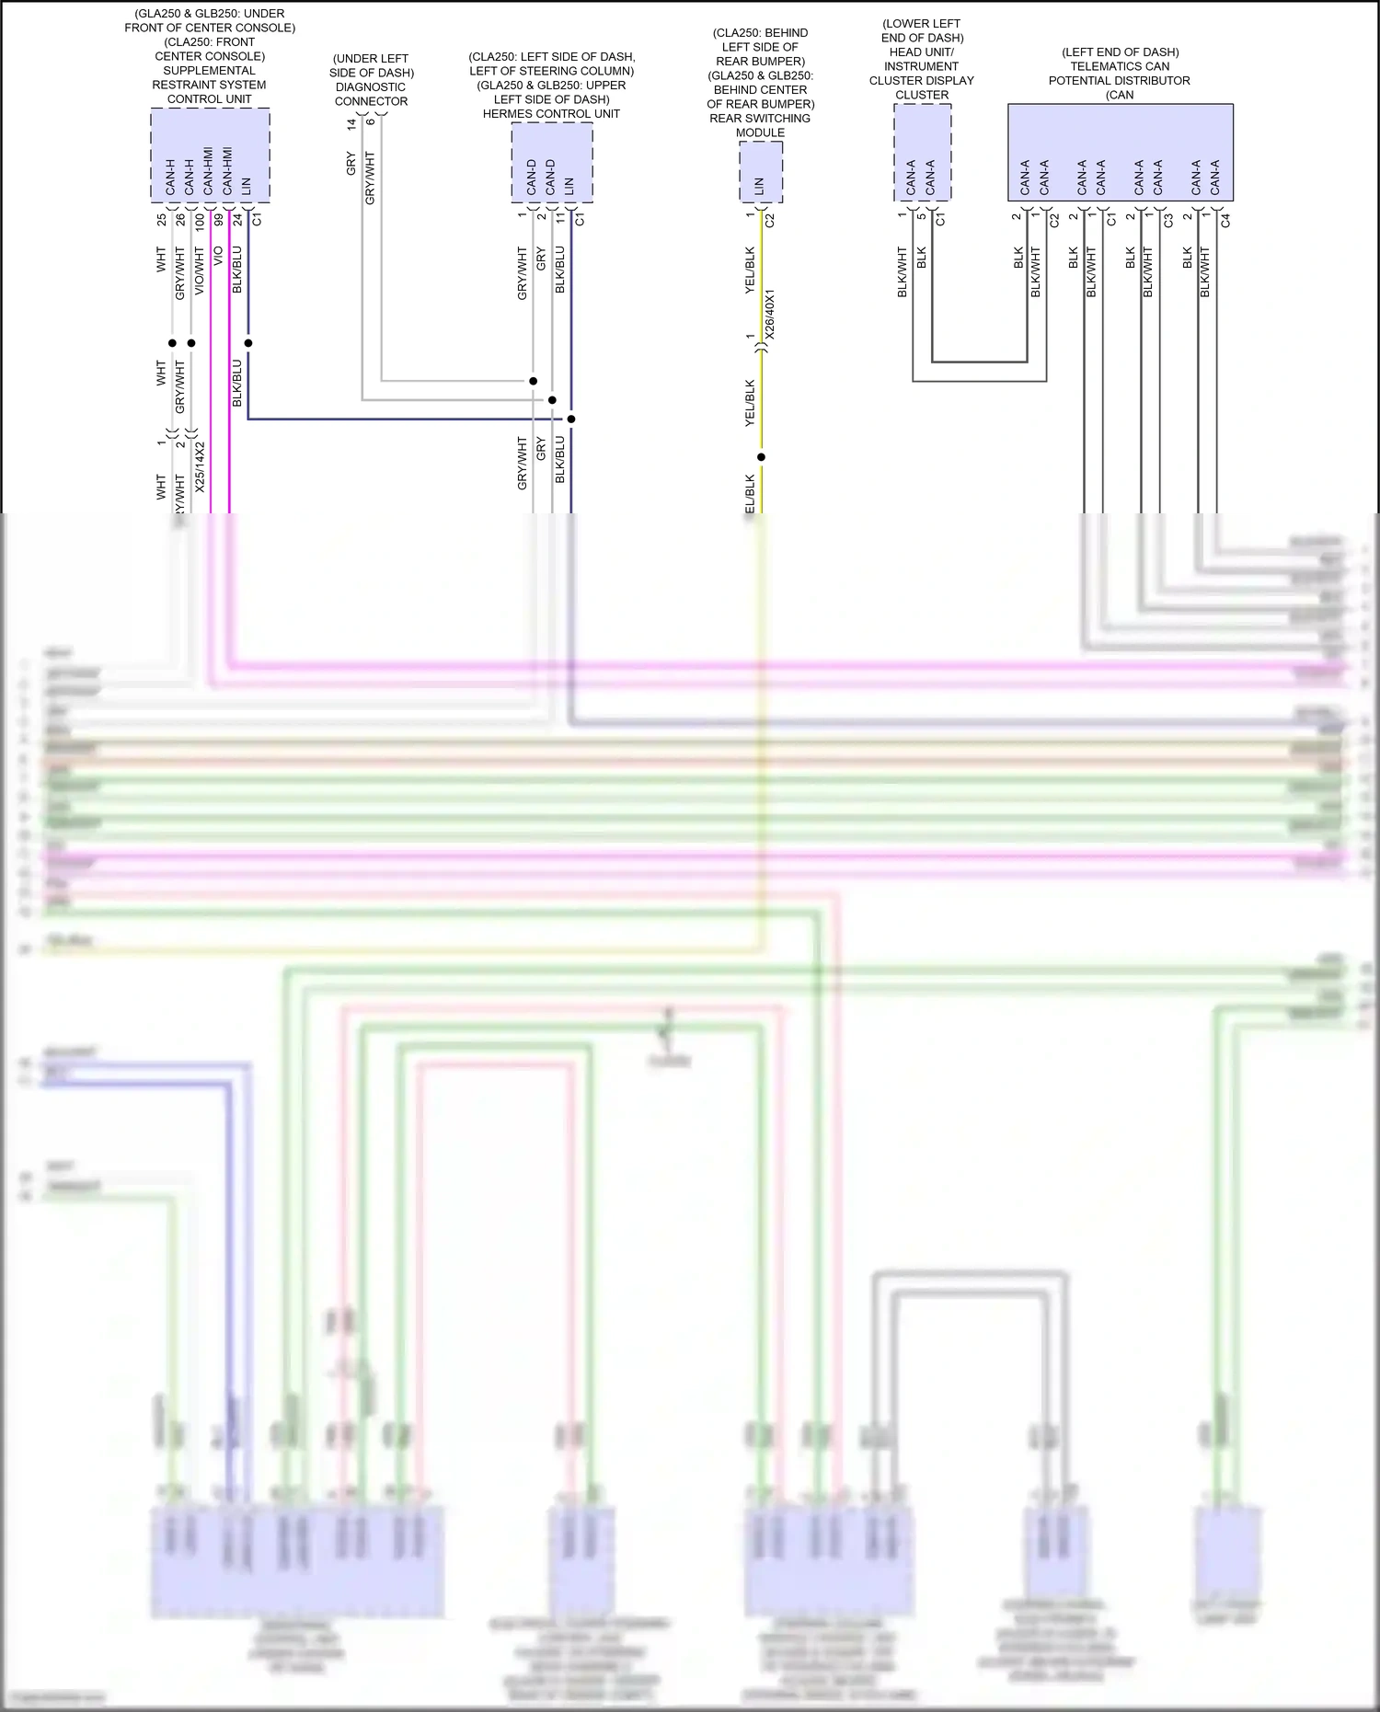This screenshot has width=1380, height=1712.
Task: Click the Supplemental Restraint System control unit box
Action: point(210,155)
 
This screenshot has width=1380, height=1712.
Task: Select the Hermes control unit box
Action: point(551,163)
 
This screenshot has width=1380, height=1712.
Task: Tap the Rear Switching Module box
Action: point(761,172)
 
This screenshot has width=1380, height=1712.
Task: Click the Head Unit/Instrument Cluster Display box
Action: point(922,153)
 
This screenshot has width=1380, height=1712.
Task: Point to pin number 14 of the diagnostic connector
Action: point(351,123)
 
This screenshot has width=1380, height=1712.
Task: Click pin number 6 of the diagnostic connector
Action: point(370,121)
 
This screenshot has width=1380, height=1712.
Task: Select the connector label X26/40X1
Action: point(771,315)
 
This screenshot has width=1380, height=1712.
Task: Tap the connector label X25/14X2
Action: point(200,466)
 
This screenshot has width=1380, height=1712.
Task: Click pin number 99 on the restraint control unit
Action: point(219,220)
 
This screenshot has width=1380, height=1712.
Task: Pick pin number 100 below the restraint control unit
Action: point(200,222)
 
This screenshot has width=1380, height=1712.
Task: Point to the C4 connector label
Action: point(1225,221)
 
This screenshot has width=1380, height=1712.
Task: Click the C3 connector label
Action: point(1168,221)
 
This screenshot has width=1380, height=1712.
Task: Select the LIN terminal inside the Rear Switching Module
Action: point(760,186)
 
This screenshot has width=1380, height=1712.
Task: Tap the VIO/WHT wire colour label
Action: point(200,272)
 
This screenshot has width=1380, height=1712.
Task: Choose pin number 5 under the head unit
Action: point(921,216)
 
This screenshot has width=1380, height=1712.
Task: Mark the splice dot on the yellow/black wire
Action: point(761,457)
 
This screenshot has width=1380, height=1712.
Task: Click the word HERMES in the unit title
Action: point(508,114)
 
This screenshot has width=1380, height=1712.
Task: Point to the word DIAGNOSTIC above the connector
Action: point(371,87)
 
